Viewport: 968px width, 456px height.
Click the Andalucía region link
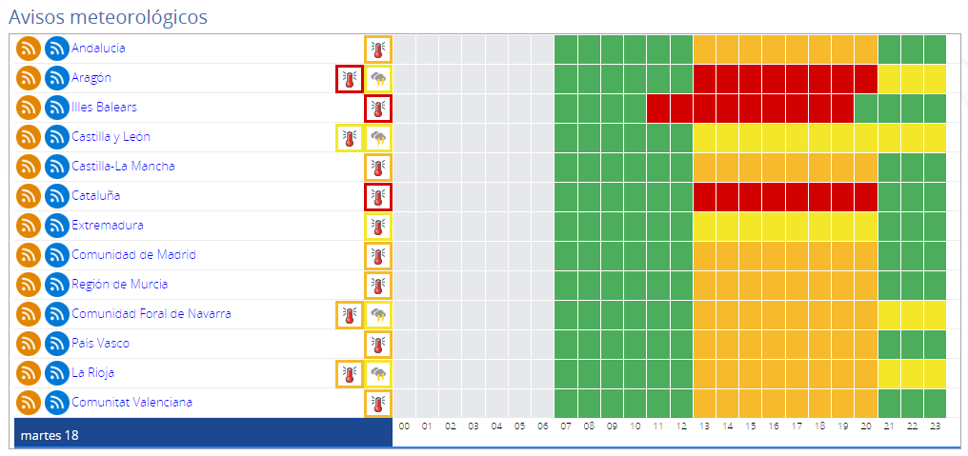point(98,49)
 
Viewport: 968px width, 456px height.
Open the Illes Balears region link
point(104,108)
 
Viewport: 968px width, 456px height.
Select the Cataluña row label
point(95,196)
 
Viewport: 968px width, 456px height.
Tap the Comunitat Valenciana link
point(131,403)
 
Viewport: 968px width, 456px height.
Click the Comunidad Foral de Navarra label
point(151,314)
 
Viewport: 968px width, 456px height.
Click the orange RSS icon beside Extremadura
point(30,226)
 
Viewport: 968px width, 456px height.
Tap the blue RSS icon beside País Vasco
point(57,344)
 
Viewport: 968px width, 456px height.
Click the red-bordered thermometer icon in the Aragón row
point(349,78)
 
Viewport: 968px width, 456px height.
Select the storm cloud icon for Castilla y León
point(378,137)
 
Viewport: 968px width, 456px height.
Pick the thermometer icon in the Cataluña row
point(378,196)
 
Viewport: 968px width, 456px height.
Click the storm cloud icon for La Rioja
point(378,373)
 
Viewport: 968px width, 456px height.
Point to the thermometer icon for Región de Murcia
point(378,285)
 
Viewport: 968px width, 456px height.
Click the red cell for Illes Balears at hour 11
point(658,108)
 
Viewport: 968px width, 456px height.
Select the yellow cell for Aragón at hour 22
point(913,78)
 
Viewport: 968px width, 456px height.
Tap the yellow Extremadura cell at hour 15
point(751,226)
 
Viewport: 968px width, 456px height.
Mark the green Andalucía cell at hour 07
point(566,49)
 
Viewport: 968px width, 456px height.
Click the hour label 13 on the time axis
point(704,426)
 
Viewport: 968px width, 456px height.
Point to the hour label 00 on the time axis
point(404,426)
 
